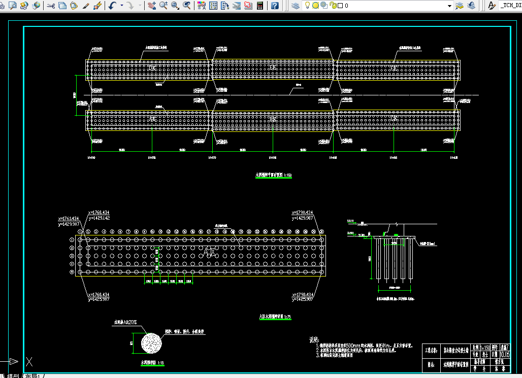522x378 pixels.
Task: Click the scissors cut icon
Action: click(x=50, y=6)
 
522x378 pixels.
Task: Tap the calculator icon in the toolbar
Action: click(x=260, y=6)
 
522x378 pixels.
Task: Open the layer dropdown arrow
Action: click(x=449, y=6)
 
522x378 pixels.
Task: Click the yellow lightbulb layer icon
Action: click(x=307, y=6)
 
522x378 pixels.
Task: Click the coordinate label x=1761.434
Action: click(x=69, y=219)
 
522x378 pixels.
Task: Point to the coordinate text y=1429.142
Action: click(x=99, y=218)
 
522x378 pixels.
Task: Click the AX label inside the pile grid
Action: click(x=210, y=252)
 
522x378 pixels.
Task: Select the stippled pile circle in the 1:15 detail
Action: click(x=151, y=343)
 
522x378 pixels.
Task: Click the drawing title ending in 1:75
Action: click(x=275, y=317)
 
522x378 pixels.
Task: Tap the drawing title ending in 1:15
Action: click(x=152, y=363)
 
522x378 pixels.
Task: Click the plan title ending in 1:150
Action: click(x=273, y=176)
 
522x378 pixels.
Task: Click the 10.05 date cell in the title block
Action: click(x=505, y=355)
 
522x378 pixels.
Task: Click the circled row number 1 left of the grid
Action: click(x=72, y=239)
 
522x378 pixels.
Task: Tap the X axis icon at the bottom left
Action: click(x=30, y=362)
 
